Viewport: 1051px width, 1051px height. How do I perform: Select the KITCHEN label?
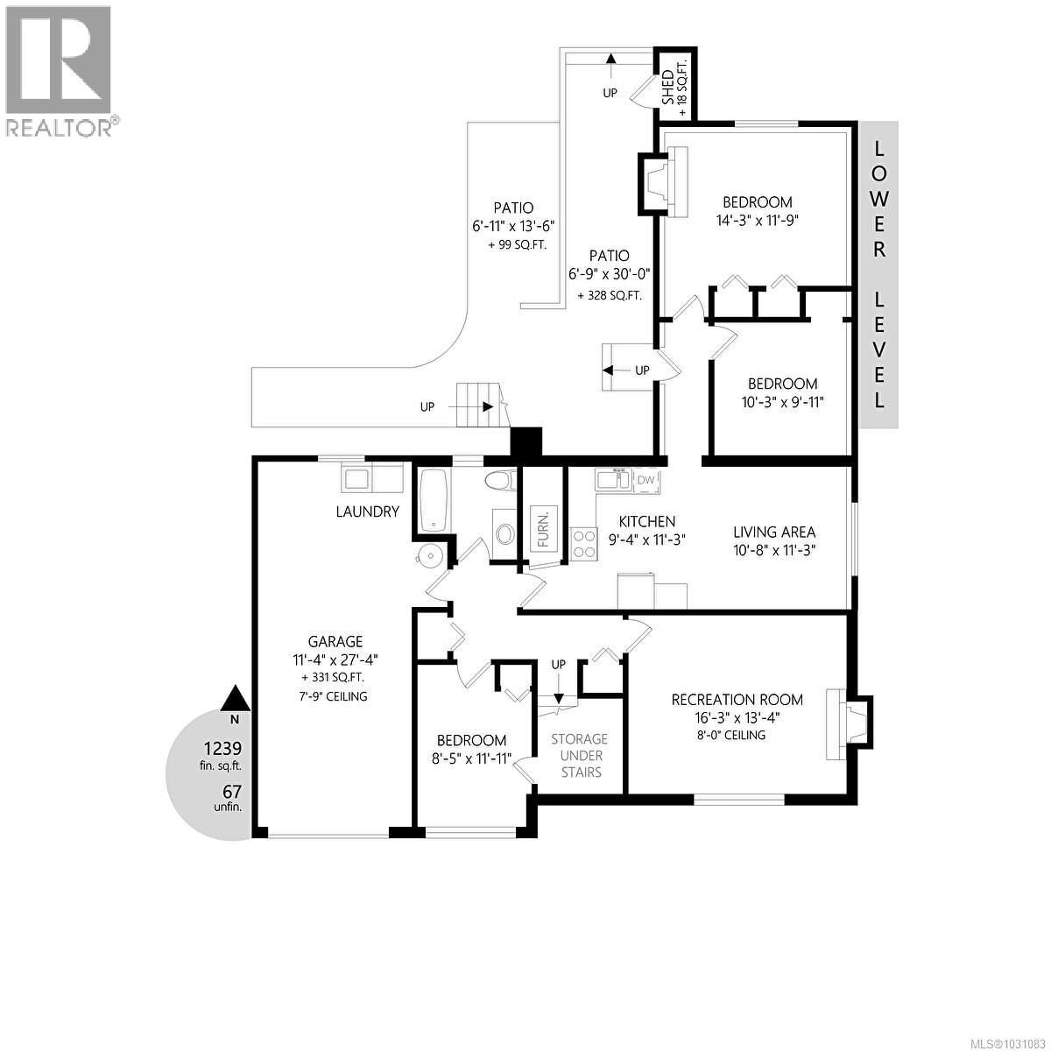click(647, 522)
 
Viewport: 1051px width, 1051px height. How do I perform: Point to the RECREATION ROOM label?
click(737, 699)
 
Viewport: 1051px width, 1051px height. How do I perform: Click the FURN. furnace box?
click(543, 527)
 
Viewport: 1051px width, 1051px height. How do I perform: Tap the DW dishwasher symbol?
click(646, 480)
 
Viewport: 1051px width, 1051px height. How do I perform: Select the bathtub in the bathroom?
click(435, 500)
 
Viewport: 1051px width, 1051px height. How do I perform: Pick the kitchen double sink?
click(612, 480)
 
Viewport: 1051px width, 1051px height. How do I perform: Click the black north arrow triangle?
click(234, 698)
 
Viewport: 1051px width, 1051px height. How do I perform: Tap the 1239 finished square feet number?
click(222, 749)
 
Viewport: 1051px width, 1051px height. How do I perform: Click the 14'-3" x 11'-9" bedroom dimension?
click(758, 220)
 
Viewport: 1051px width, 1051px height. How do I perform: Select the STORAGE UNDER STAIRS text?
click(579, 755)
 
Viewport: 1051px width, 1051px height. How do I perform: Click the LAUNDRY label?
click(368, 511)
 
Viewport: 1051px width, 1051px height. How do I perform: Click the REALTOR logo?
click(59, 70)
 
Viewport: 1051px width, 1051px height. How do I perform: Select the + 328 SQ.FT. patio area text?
click(610, 296)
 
